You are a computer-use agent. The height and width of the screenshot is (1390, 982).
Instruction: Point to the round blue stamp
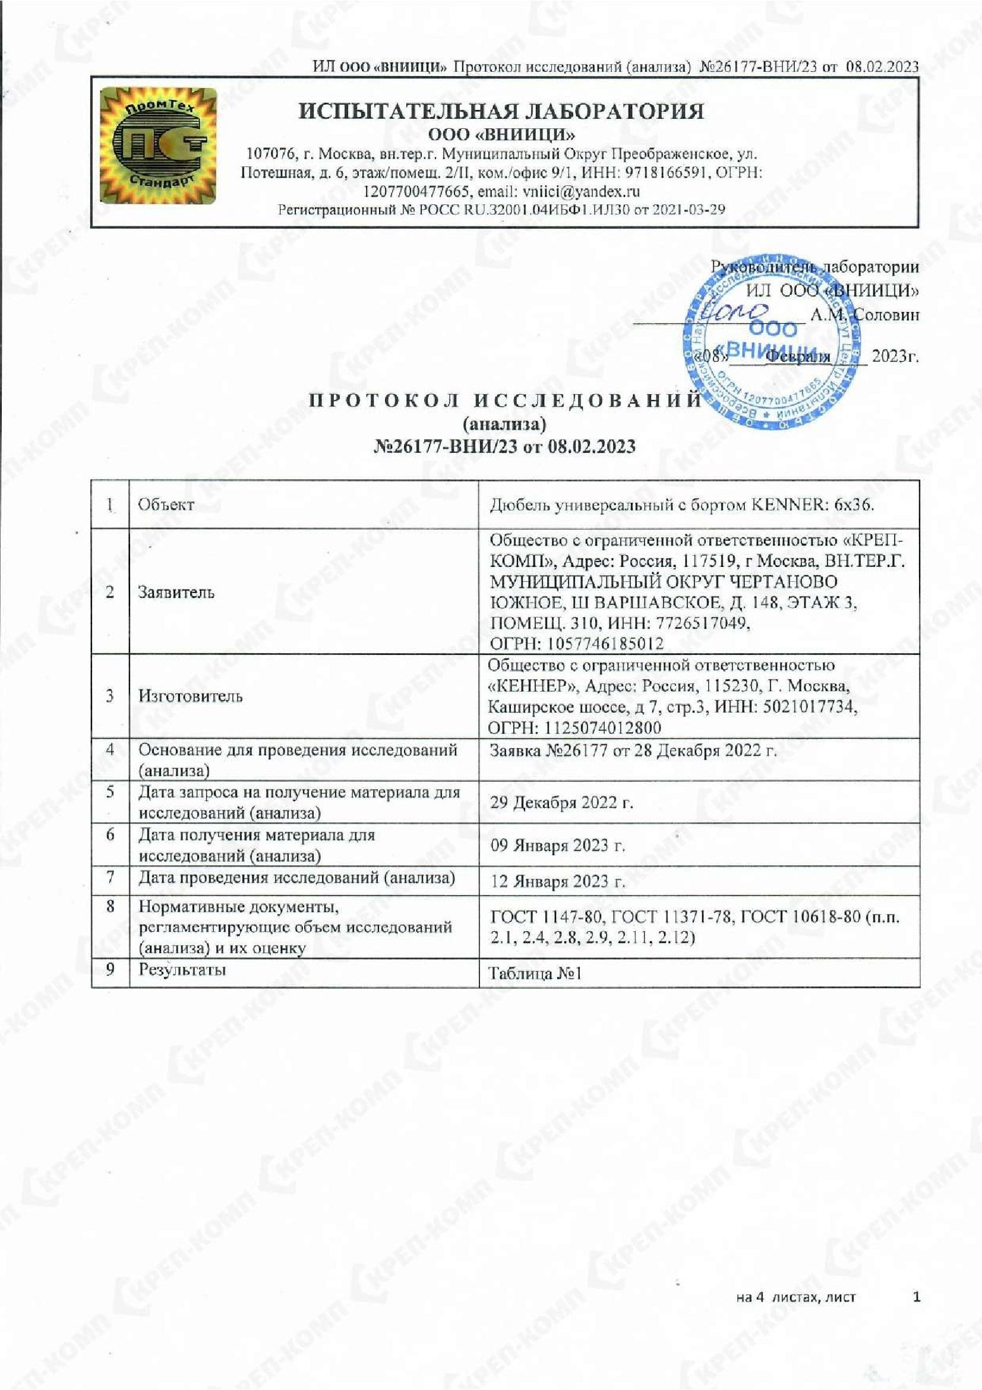pos(772,342)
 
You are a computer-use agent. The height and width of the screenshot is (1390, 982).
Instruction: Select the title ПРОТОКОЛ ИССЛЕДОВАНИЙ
pos(504,401)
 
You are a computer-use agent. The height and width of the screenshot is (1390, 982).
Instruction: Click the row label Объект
pos(166,505)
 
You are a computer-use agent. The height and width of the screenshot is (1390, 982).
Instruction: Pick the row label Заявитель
pos(175,591)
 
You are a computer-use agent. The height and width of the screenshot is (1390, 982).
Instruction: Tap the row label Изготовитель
pos(190,696)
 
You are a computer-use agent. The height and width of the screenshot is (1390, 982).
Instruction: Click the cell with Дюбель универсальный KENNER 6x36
pos(681,505)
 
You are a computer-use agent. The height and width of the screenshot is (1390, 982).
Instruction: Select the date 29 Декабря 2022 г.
pos(561,802)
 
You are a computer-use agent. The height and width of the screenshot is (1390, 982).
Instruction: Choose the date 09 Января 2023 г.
pos(557,844)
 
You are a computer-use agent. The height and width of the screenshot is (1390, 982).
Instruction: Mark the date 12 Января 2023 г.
pos(557,881)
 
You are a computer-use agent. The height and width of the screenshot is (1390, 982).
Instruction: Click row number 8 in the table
pos(110,907)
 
